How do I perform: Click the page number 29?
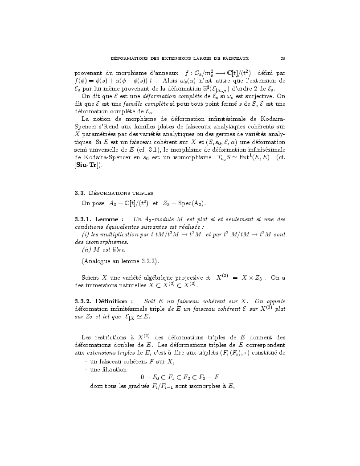[x=283, y=58]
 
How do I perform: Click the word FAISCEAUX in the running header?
[x=233, y=58]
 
